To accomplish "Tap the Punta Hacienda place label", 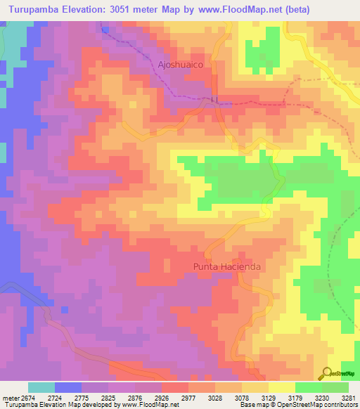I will pyautogui.click(x=227, y=267).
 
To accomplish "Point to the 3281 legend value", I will pyautogui.click(x=349, y=397).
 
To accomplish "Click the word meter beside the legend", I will pyautogui.click(x=9, y=397).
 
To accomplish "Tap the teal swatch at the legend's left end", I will pyautogui.click(x=41, y=387).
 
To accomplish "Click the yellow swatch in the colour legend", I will pyautogui.click(x=282, y=387).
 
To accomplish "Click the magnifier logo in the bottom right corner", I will pyautogui.click(x=327, y=373).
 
